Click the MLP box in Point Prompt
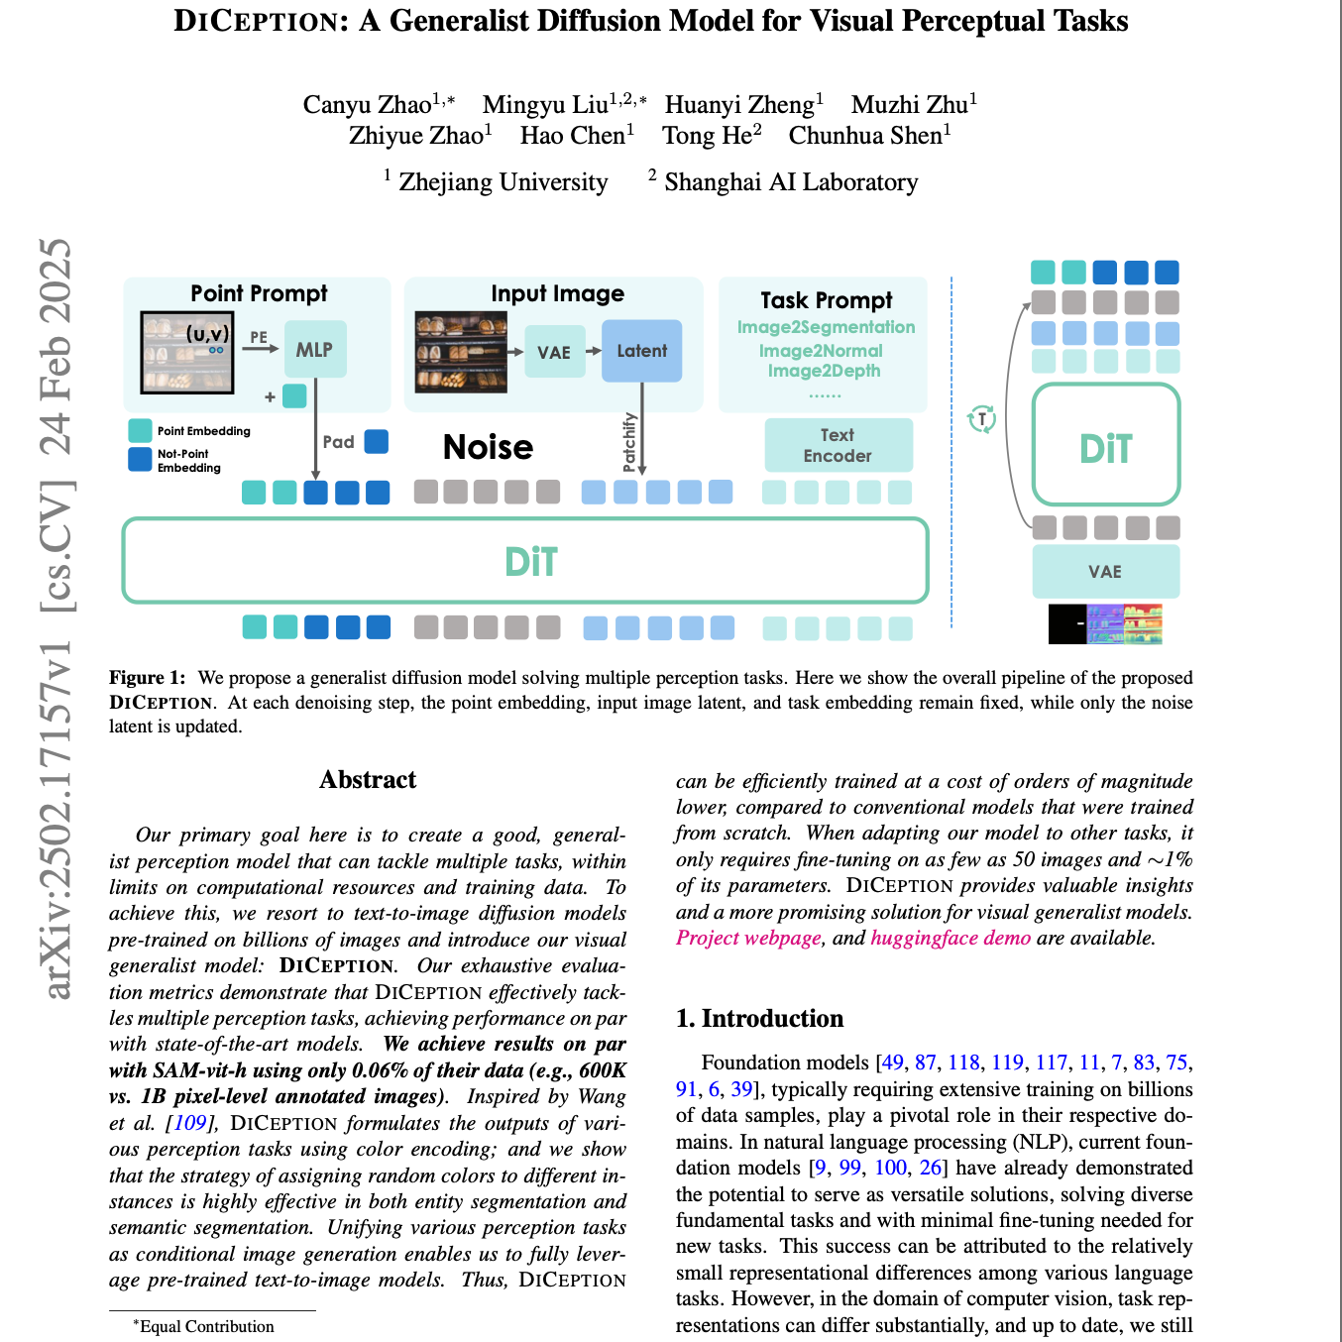(315, 349)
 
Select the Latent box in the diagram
(641, 351)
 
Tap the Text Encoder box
(838, 445)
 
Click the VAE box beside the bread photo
(554, 352)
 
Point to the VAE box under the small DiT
(1105, 572)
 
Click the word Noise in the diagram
(488, 447)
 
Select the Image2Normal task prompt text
(821, 351)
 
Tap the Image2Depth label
(824, 371)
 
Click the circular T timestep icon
(981, 419)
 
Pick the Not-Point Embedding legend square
(140, 459)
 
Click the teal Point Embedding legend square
(140, 430)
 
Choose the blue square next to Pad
(377, 441)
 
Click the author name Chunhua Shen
(865, 136)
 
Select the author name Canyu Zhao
(367, 105)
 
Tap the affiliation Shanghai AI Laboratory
(791, 182)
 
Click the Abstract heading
(368, 780)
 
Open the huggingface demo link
(951, 938)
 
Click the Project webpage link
(748, 938)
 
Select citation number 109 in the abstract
(189, 1123)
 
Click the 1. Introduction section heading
(759, 1019)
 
